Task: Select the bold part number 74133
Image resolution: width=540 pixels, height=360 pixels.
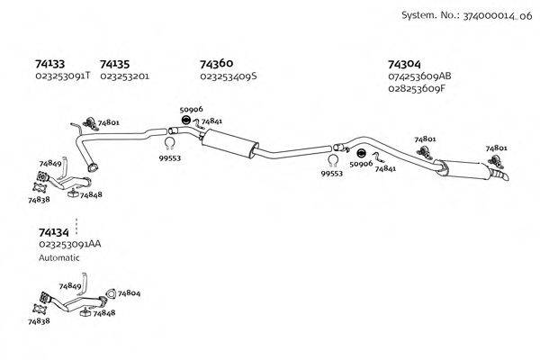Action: pos(49,64)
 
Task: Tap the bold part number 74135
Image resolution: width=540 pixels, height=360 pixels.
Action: pos(114,64)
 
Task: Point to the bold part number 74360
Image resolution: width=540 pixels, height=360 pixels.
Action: pos(216,64)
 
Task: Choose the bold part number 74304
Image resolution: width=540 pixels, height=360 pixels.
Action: pos(404,64)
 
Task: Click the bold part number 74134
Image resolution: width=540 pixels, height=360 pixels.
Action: pos(52,231)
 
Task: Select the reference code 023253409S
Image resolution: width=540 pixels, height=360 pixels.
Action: pos(228,76)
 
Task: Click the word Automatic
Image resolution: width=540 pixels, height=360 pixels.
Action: pos(59,257)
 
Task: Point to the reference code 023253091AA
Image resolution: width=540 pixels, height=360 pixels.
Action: pos(69,244)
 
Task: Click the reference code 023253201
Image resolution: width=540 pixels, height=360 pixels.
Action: pos(124,76)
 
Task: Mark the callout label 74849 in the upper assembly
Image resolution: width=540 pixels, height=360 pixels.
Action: pos(49,164)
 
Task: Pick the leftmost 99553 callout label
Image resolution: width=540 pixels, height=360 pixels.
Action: pos(169,157)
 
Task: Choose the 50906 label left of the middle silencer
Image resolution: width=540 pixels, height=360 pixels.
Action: pos(189,110)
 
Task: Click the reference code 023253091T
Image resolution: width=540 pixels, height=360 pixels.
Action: pos(62,76)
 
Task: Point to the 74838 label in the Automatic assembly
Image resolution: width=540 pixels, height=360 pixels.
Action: pos(39,319)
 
